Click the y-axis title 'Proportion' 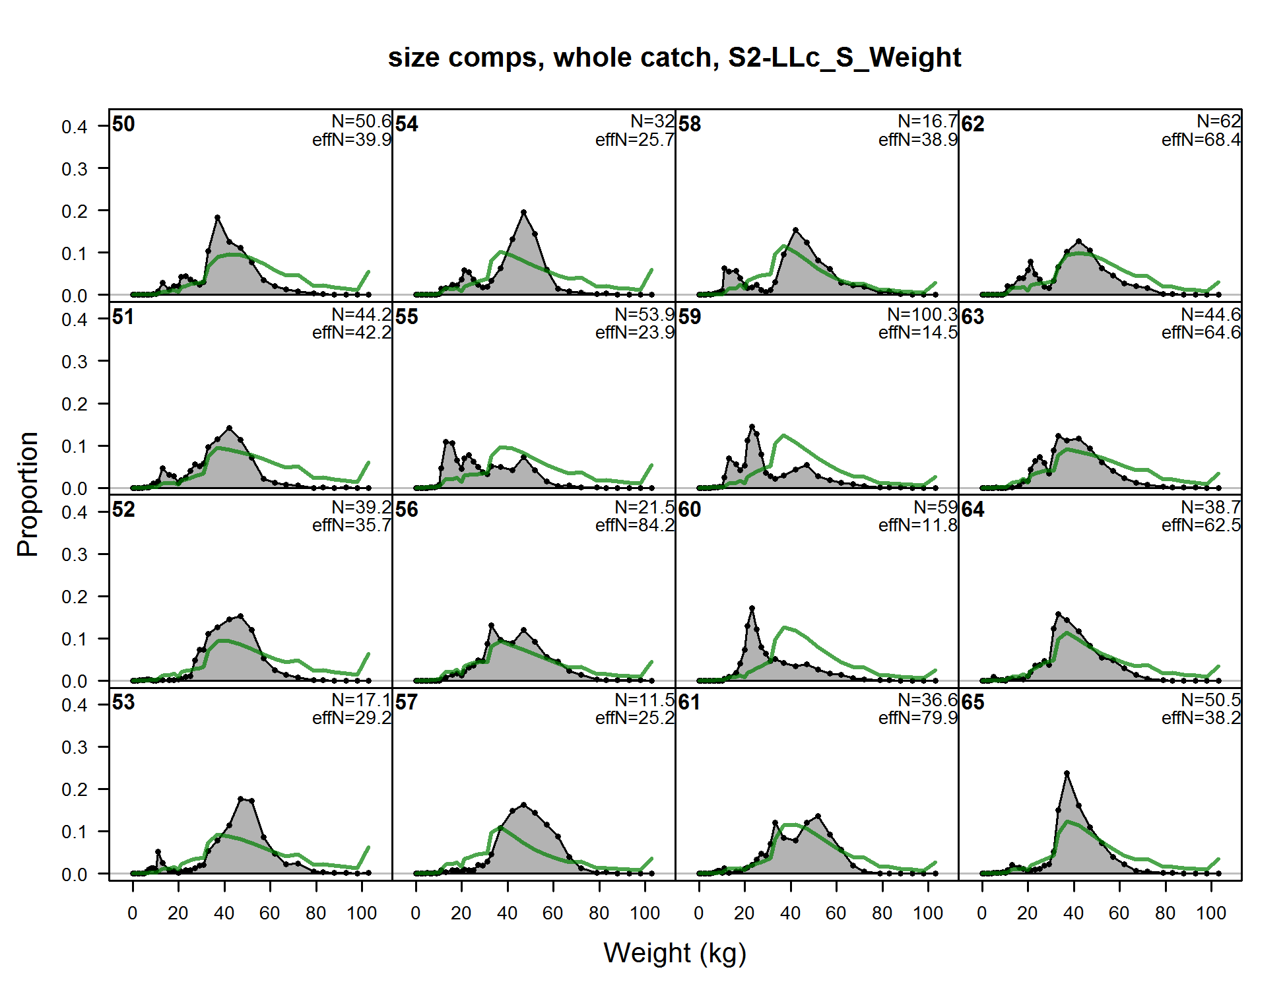pos(28,494)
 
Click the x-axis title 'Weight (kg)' pos(675,953)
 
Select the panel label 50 pos(123,124)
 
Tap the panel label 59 pos(690,317)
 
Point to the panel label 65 pos(973,702)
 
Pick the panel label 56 pos(407,510)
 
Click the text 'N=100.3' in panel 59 pos(922,315)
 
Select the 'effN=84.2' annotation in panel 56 pos(634,525)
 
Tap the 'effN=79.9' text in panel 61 pos(917,718)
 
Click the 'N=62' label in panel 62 pos(1218,121)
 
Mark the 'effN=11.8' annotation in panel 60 pos(917,525)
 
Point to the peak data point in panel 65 pos(1067,773)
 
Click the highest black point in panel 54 pos(523,213)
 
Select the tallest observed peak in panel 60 pos(752,608)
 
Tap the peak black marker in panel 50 pos(217,217)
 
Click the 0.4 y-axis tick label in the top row pos(74,127)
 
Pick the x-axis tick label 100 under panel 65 pos(1211,913)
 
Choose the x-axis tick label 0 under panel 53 pos(132,913)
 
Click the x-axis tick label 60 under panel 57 pos(552,913)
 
